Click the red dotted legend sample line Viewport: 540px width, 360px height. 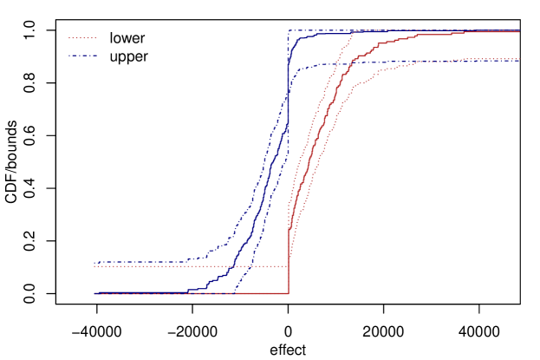[82, 37]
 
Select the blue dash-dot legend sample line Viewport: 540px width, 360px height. [82, 56]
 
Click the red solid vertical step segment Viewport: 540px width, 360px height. [289, 260]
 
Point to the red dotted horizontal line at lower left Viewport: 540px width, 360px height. [191, 266]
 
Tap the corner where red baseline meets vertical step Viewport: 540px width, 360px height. [289, 293]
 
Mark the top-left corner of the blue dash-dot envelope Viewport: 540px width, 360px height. [289, 30]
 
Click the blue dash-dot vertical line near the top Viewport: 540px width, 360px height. [289, 52]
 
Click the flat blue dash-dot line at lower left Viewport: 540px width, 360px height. [139, 262]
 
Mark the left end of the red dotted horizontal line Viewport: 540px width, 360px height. [94, 266]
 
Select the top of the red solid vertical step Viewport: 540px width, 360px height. [289, 229]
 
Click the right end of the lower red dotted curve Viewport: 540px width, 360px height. [518, 59]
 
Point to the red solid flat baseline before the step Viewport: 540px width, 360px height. [191, 293]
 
